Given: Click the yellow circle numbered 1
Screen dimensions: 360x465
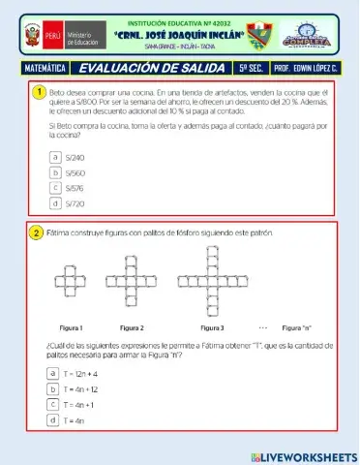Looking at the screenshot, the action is pos(38,92).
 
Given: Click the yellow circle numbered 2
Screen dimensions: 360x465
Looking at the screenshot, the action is pos(38,233).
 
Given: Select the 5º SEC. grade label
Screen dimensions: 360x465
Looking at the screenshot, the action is pos(252,69).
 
